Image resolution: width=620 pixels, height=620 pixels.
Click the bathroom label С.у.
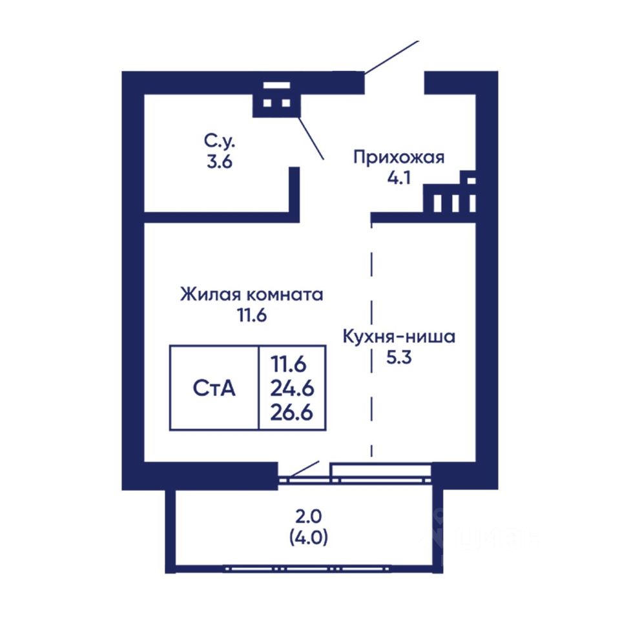pos(220,141)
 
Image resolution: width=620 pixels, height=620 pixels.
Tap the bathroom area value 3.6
pos(220,161)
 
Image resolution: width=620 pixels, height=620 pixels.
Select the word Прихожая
pos(399,157)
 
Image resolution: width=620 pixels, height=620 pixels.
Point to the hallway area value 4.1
pos(399,178)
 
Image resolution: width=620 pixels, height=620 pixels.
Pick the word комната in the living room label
pos(285,295)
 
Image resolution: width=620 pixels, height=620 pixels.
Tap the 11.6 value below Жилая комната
pos(252,316)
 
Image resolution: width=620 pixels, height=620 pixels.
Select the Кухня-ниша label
pos(399,337)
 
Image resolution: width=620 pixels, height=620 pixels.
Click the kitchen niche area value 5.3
pos(399,357)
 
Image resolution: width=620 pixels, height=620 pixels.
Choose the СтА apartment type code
pos(214,388)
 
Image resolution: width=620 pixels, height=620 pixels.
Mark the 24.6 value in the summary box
pos(292,388)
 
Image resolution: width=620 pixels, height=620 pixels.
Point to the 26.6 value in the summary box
pos(292,413)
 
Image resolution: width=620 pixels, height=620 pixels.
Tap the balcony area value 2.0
pos(309,517)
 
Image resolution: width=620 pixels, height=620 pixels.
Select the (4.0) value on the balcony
pos(309,537)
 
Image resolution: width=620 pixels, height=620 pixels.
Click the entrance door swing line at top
pos(391,57)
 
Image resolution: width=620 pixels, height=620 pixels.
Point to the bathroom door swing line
pos(311,138)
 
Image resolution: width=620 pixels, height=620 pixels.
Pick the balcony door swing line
pos(304,469)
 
